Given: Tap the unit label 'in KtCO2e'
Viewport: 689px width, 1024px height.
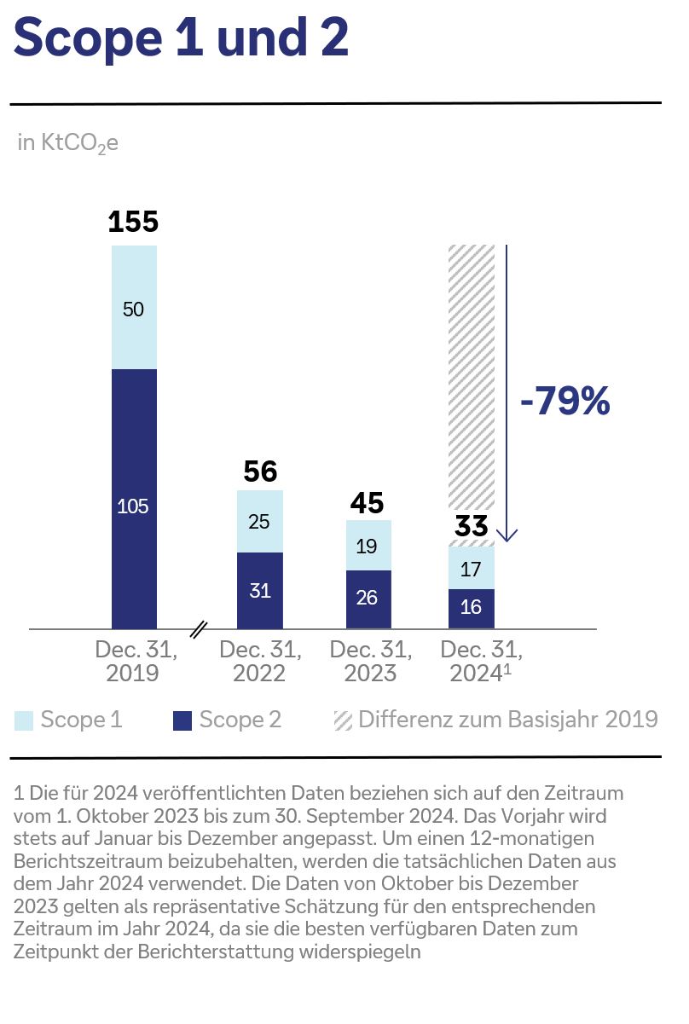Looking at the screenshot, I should coord(67,143).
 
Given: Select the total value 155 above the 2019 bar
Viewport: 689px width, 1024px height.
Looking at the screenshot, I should coord(134,222).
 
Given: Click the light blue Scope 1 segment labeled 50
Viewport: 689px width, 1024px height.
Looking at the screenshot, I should coord(134,308).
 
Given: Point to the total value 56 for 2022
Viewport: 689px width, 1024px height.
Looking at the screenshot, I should coord(260,472).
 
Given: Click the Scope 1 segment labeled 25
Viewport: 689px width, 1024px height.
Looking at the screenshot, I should coord(260,521).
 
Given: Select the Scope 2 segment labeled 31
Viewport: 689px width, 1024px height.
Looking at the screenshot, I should coord(260,590).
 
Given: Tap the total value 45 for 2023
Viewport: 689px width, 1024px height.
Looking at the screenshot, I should coord(368,503).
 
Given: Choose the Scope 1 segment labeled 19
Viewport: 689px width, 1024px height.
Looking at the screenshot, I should coord(368,546).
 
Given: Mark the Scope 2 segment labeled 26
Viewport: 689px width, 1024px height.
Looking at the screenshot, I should coord(368,599).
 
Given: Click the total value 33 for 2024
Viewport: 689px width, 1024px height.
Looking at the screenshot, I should coord(472,525).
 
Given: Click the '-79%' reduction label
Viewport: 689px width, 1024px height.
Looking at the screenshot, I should coord(565,402).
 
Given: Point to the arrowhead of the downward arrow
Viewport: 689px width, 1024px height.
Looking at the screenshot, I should coord(507,536).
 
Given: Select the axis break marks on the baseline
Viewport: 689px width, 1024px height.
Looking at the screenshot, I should coord(198,629).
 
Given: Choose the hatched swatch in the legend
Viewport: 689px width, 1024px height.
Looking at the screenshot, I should coord(343,720).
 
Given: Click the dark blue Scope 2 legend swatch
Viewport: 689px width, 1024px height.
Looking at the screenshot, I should coord(182,720).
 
